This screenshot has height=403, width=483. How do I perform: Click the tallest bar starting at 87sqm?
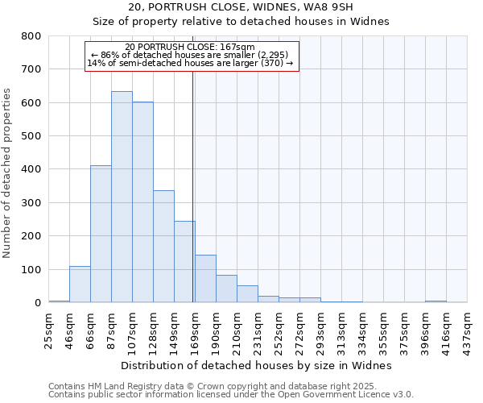(x=122, y=197)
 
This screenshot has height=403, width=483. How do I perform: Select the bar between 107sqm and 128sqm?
(x=142, y=201)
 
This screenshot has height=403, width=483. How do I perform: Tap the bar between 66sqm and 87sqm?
(x=101, y=234)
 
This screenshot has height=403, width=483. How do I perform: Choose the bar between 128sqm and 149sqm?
(x=163, y=246)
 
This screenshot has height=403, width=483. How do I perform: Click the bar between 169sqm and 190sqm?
(x=205, y=279)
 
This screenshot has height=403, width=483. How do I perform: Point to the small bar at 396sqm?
(x=436, y=301)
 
